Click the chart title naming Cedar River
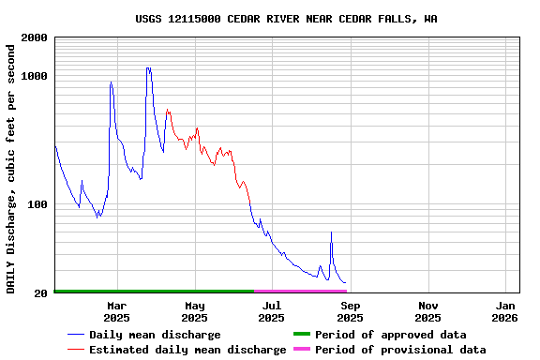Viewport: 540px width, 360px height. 286,19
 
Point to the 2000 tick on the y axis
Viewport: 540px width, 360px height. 34,37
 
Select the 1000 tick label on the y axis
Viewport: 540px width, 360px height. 34,76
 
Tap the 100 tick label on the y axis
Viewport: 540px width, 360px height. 37,204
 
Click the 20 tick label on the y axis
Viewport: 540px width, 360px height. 40,294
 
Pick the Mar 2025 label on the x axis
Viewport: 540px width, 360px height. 117,311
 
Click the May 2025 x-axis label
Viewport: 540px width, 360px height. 195,311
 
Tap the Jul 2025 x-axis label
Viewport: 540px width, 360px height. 272,311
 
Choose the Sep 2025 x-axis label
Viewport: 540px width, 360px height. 350,311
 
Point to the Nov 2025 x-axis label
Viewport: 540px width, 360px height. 428,311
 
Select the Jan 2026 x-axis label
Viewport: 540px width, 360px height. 506,311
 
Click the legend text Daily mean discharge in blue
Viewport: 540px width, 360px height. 155,335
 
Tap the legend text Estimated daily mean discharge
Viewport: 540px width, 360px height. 187,350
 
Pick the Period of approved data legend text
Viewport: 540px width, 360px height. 390,335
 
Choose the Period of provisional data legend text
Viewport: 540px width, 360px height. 400,350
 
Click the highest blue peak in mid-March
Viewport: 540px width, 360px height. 148,67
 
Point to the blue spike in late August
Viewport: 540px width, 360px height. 331,232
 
